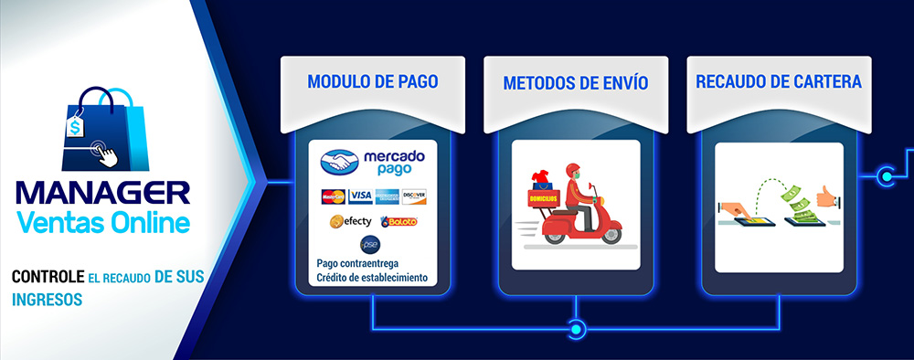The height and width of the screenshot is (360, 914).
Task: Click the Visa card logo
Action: [x=360, y=196]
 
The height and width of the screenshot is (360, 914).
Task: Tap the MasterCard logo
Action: [x=333, y=196]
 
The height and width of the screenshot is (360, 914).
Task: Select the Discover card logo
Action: [x=414, y=196]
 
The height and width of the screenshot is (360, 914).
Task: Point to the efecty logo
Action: [x=351, y=221]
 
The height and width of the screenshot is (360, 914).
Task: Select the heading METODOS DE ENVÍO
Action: [x=575, y=83]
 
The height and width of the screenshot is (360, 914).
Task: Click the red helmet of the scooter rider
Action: [x=573, y=169]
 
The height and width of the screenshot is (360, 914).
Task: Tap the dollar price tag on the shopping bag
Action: [x=74, y=128]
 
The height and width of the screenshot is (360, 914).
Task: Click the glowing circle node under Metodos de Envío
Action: [x=576, y=327]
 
